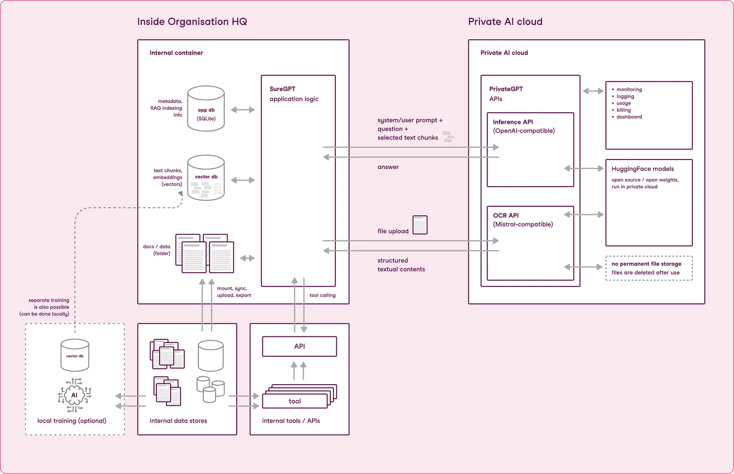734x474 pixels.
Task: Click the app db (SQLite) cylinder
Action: [x=206, y=109]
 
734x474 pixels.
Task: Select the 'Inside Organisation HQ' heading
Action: [x=192, y=22]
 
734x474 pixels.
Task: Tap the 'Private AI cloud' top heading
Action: [x=505, y=22]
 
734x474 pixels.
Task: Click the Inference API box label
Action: [x=513, y=122]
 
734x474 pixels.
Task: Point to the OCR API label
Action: [x=506, y=215]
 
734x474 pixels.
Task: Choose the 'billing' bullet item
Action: [x=623, y=110]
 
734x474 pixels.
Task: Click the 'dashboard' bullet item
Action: [x=629, y=117]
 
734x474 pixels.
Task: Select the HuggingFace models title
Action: [x=642, y=169]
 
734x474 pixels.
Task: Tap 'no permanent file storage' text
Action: [x=646, y=264]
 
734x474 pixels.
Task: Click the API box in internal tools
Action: [x=299, y=347]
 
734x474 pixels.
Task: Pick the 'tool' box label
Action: [x=295, y=401]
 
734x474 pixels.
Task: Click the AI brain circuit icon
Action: [x=74, y=395]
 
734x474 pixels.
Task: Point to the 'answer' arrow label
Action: [x=388, y=167]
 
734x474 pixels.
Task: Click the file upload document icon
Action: [x=420, y=225]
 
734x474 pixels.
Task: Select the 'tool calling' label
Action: [x=323, y=295]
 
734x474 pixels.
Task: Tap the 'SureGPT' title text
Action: [x=282, y=89]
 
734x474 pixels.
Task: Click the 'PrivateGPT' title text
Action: [x=506, y=89]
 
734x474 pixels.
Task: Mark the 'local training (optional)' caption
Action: [x=72, y=421]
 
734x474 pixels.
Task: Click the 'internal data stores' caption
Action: [x=178, y=421]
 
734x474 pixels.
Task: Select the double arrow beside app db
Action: [x=243, y=110]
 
